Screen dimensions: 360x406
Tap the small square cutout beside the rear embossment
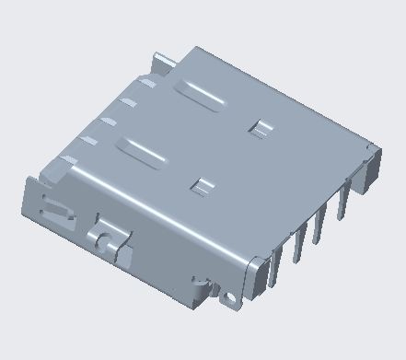261,128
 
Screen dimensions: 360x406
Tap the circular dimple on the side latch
107,241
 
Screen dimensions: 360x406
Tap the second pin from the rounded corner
297,250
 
